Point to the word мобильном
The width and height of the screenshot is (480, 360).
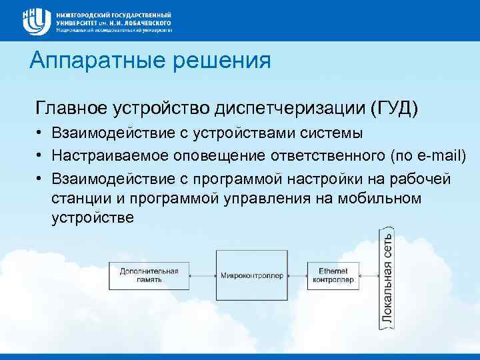pyautogui.click(x=383, y=198)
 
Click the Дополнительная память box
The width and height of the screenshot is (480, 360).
pyautogui.click(x=149, y=275)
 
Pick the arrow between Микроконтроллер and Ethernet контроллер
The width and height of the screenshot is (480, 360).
pyautogui.click(x=297, y=275)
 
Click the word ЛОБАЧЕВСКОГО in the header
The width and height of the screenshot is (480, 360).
pyautogui.click(x=141, y=23)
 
